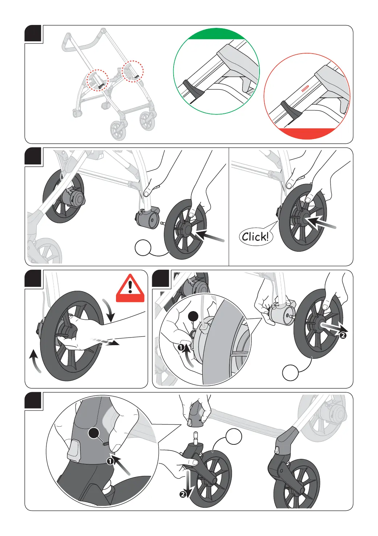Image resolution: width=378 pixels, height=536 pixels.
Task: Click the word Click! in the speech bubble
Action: click(256, 237)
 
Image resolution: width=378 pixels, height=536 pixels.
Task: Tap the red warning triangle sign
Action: click(130, 288)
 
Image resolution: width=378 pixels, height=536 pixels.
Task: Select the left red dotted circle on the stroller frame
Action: click(97, 80)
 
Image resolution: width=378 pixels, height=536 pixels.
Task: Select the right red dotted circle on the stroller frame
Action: click(133, 71)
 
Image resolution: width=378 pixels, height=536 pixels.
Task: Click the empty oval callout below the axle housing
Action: click(143, 248)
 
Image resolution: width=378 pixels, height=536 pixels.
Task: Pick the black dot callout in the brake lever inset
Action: click(194, 316)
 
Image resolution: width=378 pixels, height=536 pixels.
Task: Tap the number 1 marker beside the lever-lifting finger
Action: click(181, 347)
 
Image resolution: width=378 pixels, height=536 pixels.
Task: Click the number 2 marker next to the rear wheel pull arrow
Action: click(343, 335)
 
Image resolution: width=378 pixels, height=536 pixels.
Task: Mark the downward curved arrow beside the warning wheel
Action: click(109, 310)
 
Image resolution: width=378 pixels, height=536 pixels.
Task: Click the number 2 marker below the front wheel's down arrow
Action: click(183, 494)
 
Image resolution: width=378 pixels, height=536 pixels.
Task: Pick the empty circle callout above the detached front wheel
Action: click(234, 437)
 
